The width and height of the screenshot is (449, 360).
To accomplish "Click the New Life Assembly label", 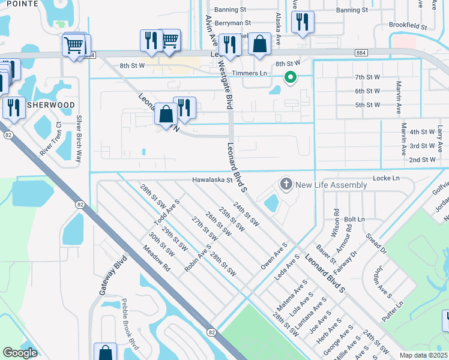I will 331,185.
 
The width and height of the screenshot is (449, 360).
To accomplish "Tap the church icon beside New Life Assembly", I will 286,184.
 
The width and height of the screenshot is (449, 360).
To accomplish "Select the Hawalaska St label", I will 212,179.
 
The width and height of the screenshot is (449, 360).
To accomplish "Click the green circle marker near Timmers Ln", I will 290,77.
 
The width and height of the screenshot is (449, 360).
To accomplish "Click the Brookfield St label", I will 406,27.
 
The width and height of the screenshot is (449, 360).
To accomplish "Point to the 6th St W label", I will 367,91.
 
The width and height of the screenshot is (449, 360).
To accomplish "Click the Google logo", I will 20,353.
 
